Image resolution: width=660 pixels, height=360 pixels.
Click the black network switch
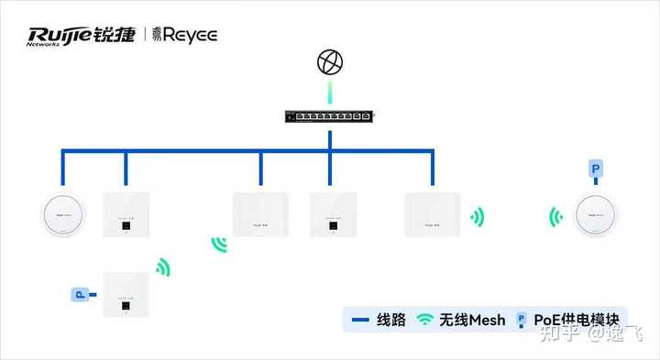(329, 117)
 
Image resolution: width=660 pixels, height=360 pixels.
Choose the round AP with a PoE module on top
(597, 216)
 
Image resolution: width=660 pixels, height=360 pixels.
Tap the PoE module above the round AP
(596, 169)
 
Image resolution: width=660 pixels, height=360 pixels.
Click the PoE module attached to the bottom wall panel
(80, 295)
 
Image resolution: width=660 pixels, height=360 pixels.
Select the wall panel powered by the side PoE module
(126, 295)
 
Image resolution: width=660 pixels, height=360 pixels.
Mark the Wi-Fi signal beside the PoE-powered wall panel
(163, 267)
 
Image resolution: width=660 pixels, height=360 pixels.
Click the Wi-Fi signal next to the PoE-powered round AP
(555, 217)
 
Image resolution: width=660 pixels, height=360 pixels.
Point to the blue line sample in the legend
(360, 320)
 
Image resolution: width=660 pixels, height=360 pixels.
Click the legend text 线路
(391, 320)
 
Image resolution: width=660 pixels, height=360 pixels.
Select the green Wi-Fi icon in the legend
(425, 320)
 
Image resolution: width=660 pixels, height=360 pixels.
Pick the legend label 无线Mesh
(472, 320)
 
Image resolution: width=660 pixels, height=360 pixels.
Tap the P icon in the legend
(522, 320)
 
